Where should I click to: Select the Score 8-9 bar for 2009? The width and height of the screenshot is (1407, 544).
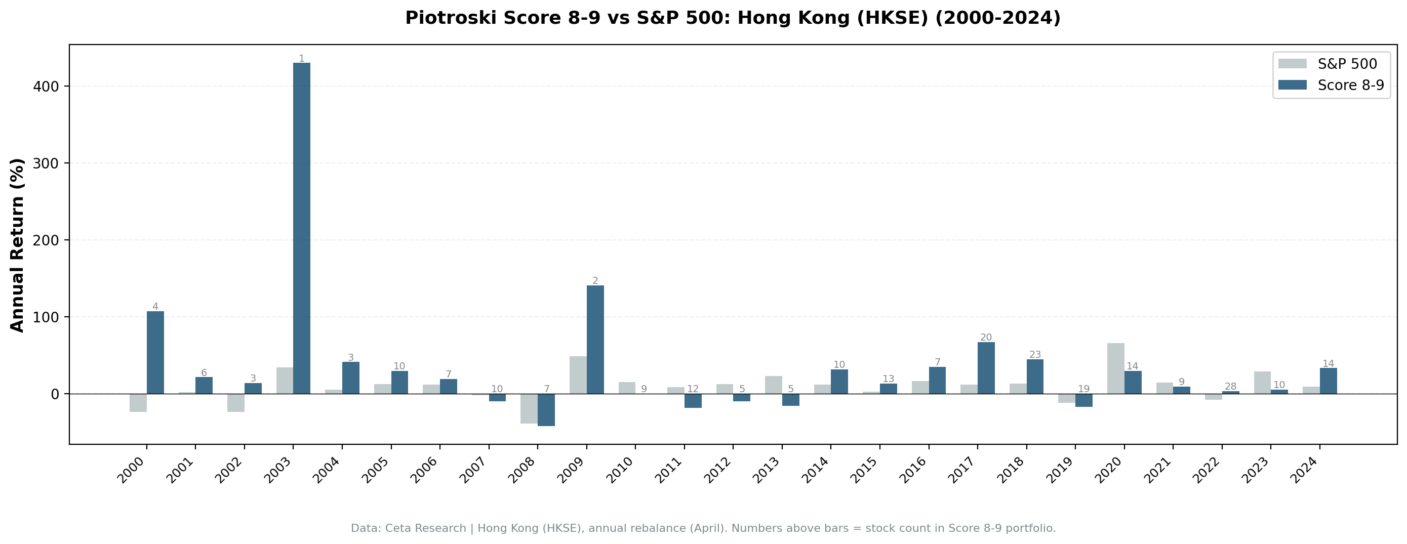point(595,339)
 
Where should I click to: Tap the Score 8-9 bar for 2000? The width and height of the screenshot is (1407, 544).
point(155,352)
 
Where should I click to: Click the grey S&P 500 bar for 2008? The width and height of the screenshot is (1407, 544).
point(529,408)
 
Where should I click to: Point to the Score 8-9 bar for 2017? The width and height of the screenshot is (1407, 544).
point(986,367)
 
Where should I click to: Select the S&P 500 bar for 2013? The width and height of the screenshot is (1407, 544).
point(774,385)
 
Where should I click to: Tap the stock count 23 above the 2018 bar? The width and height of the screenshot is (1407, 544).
point(1035,354)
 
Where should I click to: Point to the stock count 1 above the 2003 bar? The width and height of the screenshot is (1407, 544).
point(302,58)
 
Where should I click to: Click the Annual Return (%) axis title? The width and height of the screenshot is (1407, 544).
point(18,245)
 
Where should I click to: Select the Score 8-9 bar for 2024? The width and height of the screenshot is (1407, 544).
point(1329,381)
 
